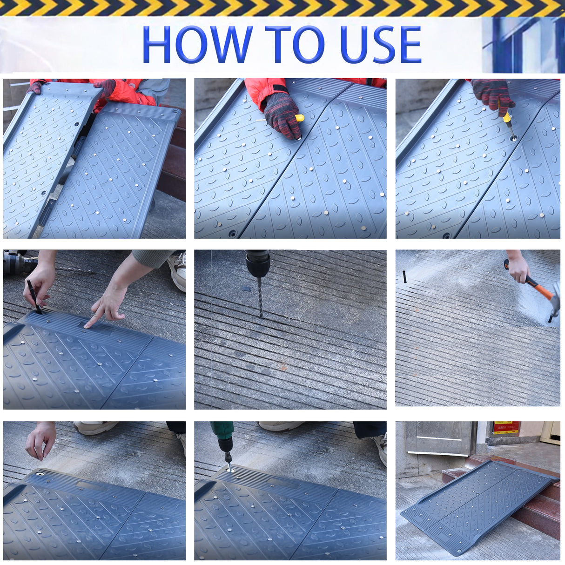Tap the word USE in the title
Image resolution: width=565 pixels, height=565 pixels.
pos(380,45)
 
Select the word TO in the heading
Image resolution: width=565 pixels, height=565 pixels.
pos(295,45)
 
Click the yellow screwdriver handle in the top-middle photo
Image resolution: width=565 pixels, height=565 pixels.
pos(299,118)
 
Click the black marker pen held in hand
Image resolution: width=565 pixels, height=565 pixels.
pos(34,296)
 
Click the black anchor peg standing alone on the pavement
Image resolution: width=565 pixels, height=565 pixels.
pos(405,277)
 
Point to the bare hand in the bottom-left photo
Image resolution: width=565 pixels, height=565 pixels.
pos(40,440)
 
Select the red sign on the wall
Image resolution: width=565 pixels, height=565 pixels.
pos(506,428)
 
